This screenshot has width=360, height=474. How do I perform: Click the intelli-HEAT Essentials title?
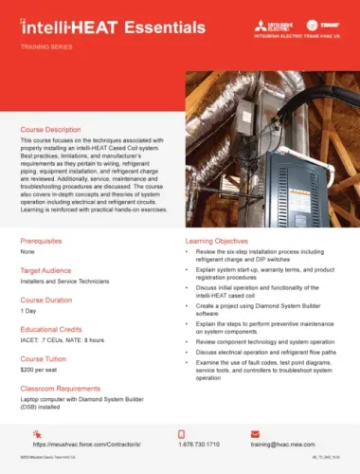coord(91,20)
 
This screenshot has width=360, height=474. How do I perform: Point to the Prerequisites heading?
coord(41,243)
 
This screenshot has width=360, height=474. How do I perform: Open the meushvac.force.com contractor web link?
coord(86,443)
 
